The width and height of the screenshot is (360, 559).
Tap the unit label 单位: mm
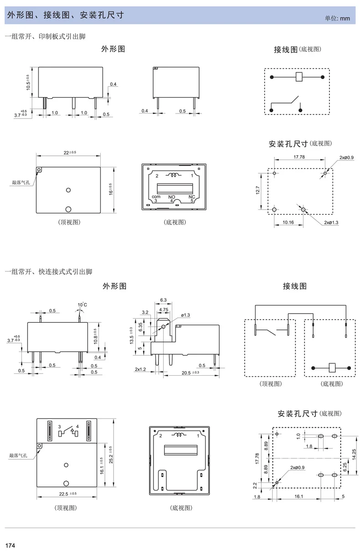point(337,18)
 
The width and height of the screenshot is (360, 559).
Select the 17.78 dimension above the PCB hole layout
point(299,157)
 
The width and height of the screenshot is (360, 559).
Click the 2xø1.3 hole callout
point(331,223)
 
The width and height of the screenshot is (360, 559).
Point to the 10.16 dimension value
point(288,222)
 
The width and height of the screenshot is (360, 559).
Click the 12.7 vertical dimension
point(258,190)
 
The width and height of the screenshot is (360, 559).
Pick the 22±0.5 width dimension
point(70,152)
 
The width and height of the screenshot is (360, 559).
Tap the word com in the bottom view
point(156,197)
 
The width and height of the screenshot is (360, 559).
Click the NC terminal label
point(191,197)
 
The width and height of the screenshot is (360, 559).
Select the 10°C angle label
point(82,305)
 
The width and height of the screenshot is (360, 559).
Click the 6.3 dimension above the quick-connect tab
point(164,300)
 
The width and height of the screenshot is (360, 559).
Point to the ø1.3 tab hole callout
point(185,315)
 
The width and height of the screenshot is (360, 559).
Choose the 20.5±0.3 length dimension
point(190,373)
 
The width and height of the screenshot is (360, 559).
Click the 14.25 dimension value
point(354,454)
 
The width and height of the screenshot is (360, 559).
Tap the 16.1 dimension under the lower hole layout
point(298,497)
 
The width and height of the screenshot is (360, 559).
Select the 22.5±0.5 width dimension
point(68,494)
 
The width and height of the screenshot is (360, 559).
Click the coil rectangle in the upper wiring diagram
point(299,77)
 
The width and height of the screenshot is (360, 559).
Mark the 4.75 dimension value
point(164,310)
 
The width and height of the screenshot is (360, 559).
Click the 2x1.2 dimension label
point(140,369)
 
